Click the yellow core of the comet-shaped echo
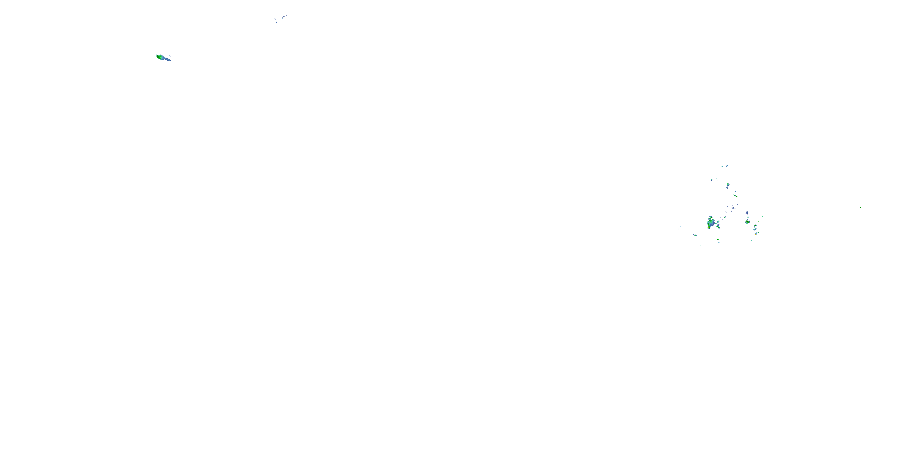coord(158,56)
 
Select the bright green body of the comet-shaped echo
coord(160,57)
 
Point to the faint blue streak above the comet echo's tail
coord(170,56)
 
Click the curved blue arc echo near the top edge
coord(284,17)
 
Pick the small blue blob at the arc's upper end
coord(286,15)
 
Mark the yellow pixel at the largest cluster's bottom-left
coord(708,228)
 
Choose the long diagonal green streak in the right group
coord(736,196)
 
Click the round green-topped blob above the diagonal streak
coord(728,185)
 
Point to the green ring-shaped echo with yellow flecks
coord(747,222)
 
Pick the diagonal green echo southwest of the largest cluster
coord(695,235)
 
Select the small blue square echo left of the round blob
coord(712,179)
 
